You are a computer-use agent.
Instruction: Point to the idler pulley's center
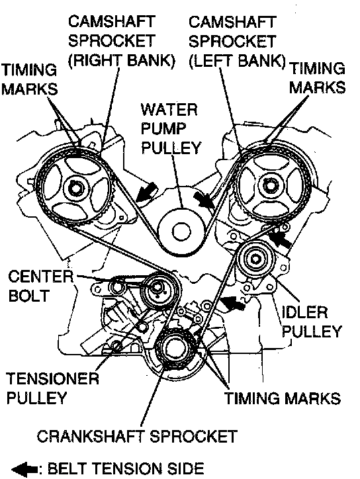point(255,259)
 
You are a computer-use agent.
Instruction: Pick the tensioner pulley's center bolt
point(157,287)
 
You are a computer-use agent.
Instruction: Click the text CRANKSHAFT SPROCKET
point(137,436)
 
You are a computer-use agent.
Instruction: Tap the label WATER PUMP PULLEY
point(171,128)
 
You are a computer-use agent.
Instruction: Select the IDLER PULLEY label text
point(311,322)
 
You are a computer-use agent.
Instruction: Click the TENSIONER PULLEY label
point(52,388)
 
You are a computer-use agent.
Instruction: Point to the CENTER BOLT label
point(40,286)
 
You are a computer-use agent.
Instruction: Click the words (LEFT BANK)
point(237,60)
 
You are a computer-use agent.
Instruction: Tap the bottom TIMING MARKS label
point(283,398)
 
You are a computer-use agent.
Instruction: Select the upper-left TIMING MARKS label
point(29,79)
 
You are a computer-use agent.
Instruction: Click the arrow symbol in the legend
point(24,468)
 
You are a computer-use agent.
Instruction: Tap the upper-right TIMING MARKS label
point(317,77)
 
